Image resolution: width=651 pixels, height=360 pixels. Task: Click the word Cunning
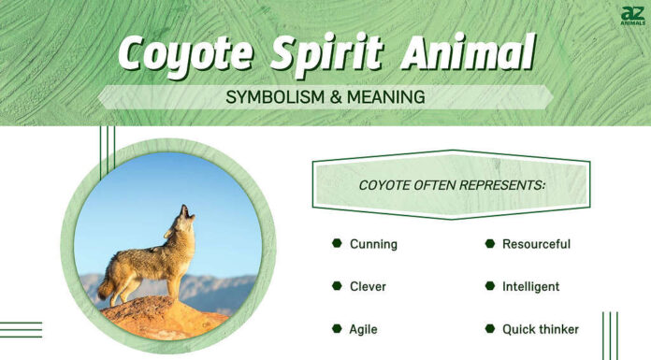373,244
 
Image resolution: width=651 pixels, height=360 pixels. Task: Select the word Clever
368,286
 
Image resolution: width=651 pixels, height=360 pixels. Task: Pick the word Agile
364,329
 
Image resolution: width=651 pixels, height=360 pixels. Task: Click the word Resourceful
536,244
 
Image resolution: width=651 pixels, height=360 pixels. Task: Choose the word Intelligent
530,286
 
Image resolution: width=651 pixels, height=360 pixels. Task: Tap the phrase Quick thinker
540,329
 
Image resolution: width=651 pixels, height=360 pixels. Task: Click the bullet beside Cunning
337,243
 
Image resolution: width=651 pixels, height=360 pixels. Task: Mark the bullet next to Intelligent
489,286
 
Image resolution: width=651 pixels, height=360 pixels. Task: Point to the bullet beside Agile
337,328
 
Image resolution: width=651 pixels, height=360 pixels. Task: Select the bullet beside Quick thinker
489,328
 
